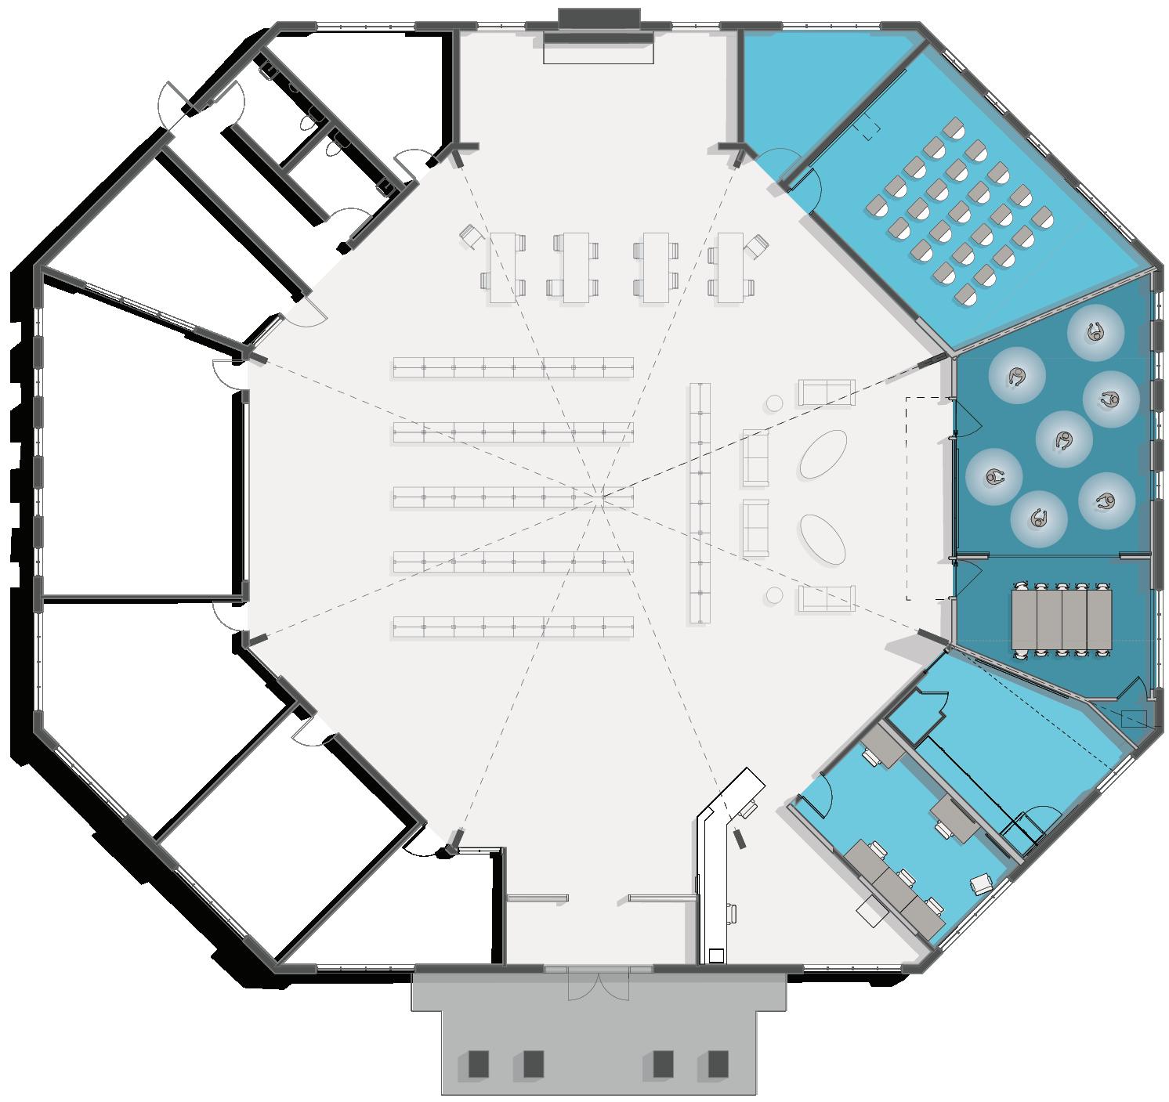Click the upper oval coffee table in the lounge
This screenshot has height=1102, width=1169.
click(823, 454)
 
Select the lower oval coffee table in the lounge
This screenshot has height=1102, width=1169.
click(823, 538)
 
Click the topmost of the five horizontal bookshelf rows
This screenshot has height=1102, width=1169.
click(513, 367)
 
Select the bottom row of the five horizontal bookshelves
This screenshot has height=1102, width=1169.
click(513, 627)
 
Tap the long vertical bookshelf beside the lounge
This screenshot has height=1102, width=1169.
click(700, 502)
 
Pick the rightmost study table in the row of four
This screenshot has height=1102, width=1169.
click(731, 267)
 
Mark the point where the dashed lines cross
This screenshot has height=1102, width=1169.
click(601, 495)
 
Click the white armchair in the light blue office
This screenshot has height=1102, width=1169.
click(981, 885)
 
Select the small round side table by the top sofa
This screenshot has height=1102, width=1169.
click(774, 403)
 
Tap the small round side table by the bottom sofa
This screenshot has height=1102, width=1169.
click(774, 595)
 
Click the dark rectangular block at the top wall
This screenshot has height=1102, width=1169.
click(599, 18)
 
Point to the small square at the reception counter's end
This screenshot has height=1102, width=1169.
click(715, 955)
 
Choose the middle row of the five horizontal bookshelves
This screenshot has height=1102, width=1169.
click(513, 497)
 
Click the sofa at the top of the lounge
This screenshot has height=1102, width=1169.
click(825, 392)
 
